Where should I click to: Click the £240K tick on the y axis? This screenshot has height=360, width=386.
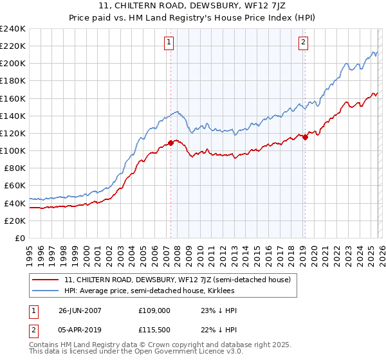coord(13,29)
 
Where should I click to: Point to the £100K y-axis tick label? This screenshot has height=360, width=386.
coord(13,150)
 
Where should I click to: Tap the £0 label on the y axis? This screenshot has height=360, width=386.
coord(19,238)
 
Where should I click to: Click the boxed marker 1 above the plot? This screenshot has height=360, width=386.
coord(169,42)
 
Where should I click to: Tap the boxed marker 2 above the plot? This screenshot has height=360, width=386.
coord(302,42)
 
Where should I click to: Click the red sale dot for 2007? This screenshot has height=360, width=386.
coord(171,143)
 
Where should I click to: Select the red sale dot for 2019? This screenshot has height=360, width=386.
coord(305,137)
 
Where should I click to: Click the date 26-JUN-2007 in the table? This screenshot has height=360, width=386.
coord(80,310)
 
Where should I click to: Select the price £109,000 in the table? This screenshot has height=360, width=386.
coord(154,310)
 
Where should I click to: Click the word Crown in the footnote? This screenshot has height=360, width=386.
coord(158,345)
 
